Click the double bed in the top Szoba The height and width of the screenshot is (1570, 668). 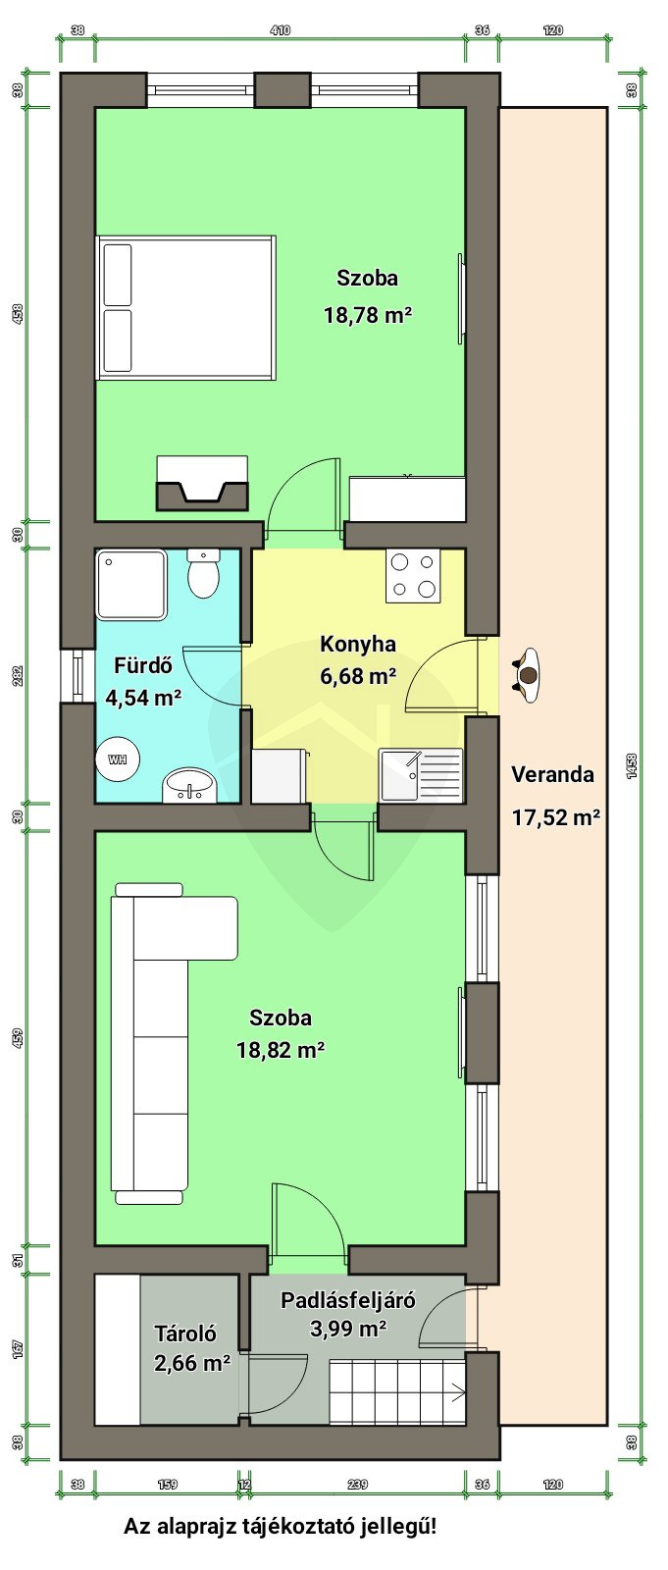coord(186,308)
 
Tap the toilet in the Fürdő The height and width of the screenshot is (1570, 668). coord(204,573)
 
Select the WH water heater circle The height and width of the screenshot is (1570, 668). coord(117,759)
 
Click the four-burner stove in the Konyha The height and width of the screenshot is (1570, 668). coord(413,575)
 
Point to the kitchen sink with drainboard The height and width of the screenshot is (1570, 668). coord(420,774)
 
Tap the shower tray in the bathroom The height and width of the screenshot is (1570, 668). coord(131,585)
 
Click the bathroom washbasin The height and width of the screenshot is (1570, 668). coord(189,785)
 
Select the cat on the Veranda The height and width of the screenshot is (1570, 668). coord(527,674)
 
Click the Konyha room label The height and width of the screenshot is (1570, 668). coord(357,644)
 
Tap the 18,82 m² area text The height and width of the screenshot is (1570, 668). coord(280,1049)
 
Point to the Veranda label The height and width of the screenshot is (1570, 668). coord(552,774)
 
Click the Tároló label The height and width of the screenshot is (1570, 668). coord(185,1334)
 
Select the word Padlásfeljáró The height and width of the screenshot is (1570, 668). coord(347,1300)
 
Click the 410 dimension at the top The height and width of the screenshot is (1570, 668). coord(280,30)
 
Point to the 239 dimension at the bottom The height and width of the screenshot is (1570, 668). coord(357,1484)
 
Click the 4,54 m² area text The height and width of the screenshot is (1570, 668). coord(143,698)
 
